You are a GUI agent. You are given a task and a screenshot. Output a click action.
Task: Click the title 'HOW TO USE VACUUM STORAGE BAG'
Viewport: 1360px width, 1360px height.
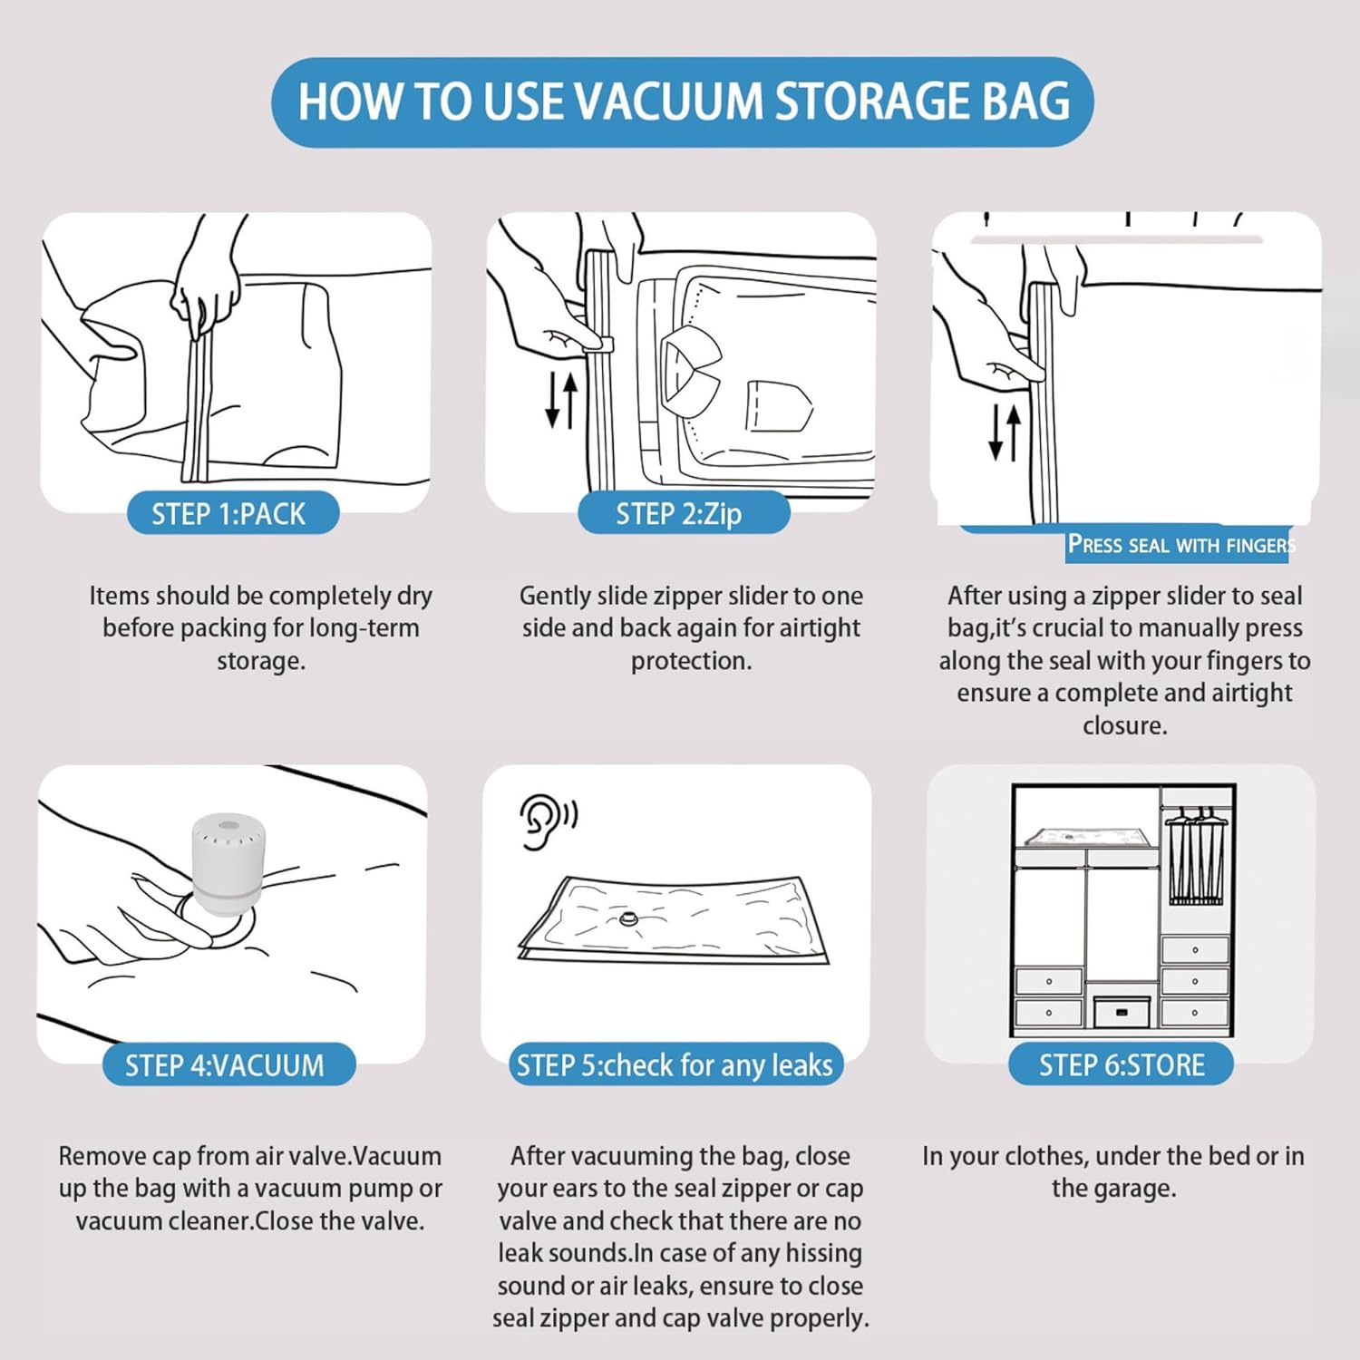[683, 101]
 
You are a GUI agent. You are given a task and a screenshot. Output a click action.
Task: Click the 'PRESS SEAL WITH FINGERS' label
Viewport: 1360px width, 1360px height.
[1179, 545]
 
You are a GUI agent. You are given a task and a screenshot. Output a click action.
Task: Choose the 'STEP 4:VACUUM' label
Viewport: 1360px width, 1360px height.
[226, 1065]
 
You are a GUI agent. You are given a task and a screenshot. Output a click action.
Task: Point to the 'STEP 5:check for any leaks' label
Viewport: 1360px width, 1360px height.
[675, 1065]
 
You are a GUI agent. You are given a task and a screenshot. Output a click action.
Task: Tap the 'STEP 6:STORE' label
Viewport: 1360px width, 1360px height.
[1121, 1065]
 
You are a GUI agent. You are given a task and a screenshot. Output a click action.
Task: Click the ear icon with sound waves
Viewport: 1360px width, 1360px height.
[547, 821]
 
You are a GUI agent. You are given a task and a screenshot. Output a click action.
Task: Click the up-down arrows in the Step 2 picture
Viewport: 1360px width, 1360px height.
[561, 401]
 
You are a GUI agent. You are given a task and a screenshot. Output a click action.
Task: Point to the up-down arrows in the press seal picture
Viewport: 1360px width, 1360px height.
[1004, 432]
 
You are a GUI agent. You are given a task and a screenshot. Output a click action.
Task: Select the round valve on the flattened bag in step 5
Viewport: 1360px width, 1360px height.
[628, 920]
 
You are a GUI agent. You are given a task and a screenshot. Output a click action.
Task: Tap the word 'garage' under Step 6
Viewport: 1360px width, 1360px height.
[1113, 1189]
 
